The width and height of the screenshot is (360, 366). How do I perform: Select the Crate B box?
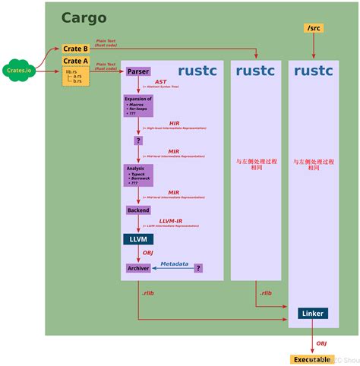[75, 49]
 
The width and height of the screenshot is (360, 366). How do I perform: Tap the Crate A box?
[75, 62]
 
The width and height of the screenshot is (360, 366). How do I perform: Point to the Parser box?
[138, 71]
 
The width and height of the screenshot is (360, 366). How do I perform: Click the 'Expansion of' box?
[138, 106]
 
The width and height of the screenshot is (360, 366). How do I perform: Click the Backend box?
[138, 210]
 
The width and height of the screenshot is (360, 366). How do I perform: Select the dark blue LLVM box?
[137, 239]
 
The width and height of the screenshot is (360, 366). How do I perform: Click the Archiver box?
[138, 268]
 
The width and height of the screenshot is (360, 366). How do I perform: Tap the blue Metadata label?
[174, 263]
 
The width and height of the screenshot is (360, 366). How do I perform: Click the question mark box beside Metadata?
[198, 268]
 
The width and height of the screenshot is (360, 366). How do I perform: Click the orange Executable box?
[311, 358]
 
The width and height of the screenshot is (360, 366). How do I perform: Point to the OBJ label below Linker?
[321, 342]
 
